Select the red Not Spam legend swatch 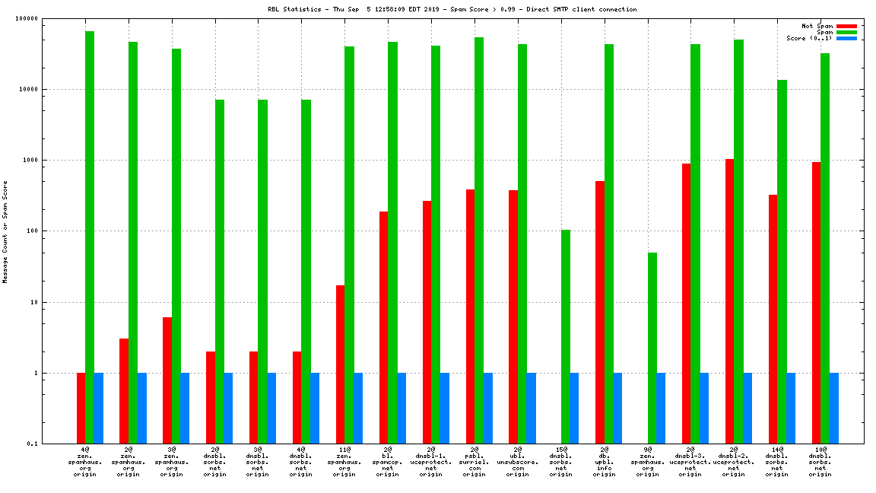point(846,26)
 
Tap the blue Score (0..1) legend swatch point(846,38)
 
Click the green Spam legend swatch point(846,32)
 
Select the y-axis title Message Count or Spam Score point(5,231)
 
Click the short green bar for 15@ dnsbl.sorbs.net point(566,336)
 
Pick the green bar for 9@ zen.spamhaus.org point(652,348)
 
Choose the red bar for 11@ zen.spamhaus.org point(341,364)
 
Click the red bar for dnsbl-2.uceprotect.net point(730,301)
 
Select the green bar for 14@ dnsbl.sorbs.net point(782,262)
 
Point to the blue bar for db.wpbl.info point(617,408)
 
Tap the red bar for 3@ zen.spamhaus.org point(167,380)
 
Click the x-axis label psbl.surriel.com point(474,462)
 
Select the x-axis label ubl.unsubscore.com point(518,462)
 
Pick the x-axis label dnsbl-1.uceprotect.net point(431,462)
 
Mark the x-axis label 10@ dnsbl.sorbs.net point(820,462)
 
